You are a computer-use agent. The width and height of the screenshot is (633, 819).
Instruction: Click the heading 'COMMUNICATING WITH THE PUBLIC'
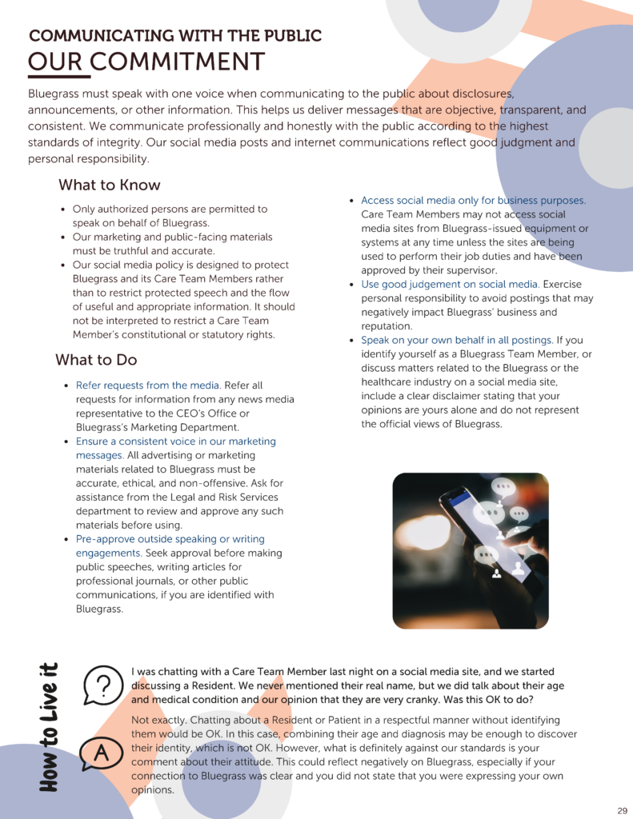(175, 36)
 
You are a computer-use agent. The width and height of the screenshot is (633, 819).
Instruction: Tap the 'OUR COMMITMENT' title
(146, 62)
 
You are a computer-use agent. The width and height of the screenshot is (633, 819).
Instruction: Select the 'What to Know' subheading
(109, 186)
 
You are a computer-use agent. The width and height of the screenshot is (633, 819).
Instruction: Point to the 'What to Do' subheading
(96, 360)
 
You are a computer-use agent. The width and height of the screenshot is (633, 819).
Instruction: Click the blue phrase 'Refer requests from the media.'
(148, 386)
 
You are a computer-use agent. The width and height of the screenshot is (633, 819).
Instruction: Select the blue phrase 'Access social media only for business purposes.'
(473, 201)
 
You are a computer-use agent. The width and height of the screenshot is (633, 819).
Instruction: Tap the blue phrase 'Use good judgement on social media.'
(450, 285)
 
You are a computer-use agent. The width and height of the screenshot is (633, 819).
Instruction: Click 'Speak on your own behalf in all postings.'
(456, 341)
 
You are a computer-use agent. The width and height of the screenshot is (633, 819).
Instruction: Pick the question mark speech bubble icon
(102, 685)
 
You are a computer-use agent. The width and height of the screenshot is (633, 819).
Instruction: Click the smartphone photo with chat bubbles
(471, 550)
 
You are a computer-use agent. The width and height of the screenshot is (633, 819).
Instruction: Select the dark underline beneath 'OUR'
(54, 78)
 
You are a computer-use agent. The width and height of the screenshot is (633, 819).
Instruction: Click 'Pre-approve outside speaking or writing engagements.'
(170, 546)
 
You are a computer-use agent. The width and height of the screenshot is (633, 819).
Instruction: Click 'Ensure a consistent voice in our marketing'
(175, 441)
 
